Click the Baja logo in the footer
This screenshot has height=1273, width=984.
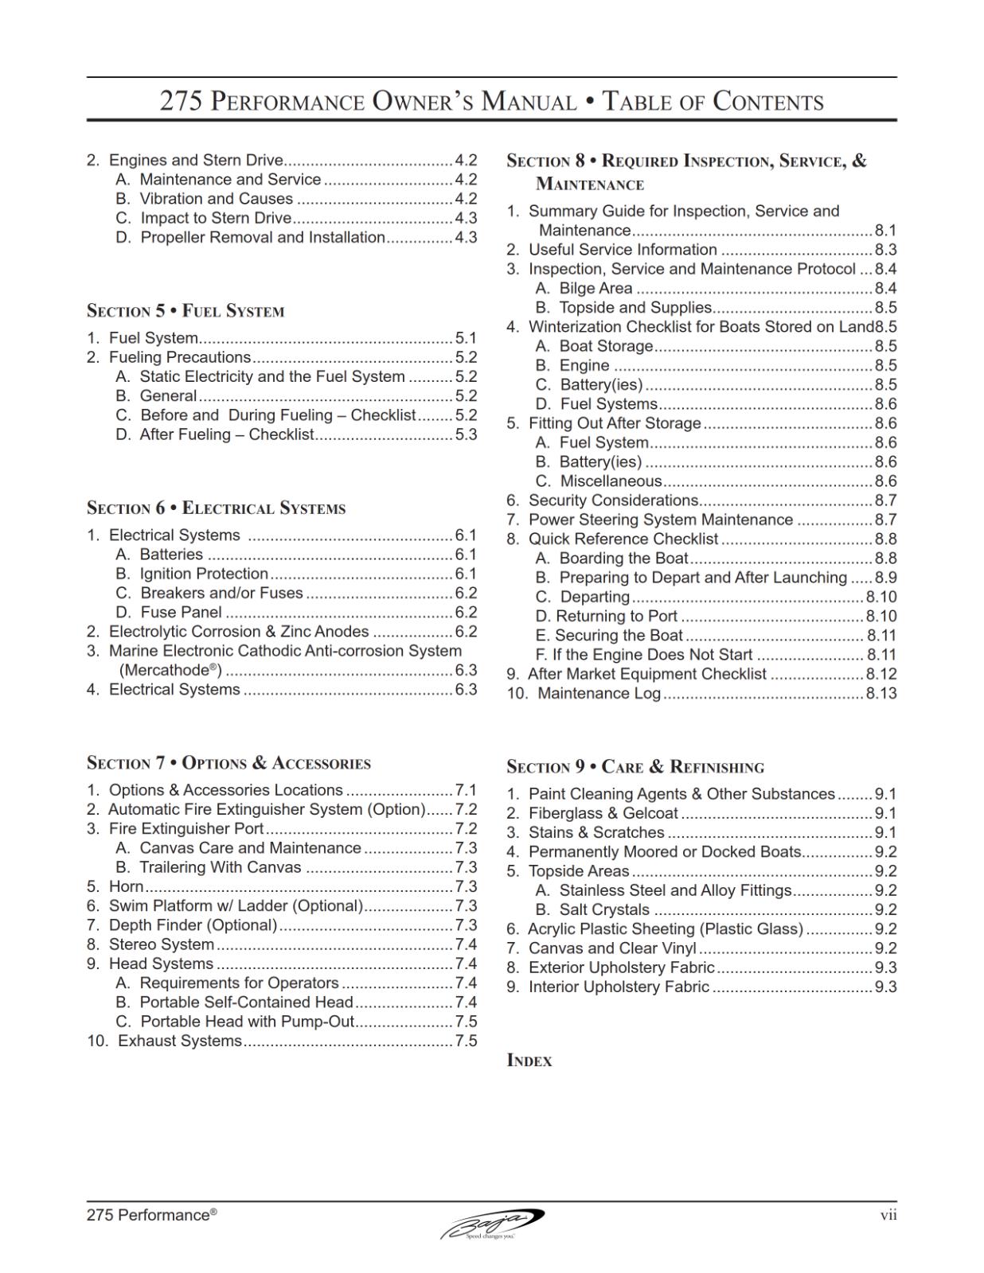(492, 1223)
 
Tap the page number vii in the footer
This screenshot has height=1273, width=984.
(888, 1215)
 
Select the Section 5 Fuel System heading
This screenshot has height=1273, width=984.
(185, 311)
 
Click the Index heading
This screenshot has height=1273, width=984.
(529, 1061)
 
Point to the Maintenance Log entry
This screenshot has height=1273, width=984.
(599, 693)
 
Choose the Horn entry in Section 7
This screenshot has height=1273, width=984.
(127, 886)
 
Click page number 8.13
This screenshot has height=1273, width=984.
(881, 693)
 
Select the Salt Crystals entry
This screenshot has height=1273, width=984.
(604, 909)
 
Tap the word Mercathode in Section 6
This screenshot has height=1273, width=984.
(170, 670)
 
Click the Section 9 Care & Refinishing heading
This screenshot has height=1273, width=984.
(635, 767)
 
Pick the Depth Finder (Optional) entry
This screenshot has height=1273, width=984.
(193, 925)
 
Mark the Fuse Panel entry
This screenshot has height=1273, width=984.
(181, 612)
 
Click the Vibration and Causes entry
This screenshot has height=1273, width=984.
(217, 199)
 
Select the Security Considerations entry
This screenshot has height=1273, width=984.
(613, 500)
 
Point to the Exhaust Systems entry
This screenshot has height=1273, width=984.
(179, 1041)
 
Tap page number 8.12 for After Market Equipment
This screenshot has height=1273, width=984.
(881, 674)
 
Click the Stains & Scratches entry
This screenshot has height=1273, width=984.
(596, 832)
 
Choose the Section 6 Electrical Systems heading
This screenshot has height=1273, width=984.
(217, 508)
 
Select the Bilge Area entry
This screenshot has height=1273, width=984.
(595, 288)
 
